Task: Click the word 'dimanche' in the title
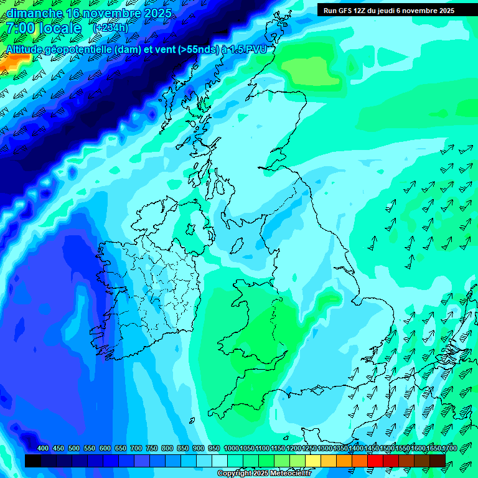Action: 34,13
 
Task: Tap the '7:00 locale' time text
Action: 44,28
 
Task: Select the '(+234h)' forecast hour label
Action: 110,27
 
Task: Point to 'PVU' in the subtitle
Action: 257,49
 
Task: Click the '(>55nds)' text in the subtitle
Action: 198,49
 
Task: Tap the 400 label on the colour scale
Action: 43,448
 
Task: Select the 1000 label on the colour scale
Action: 231,448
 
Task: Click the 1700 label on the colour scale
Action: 434,448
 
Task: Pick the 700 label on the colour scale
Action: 136,448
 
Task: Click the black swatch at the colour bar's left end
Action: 33,461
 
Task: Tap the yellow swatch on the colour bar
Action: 313,461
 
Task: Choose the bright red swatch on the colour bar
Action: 375,461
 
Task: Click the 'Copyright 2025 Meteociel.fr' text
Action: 264,474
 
